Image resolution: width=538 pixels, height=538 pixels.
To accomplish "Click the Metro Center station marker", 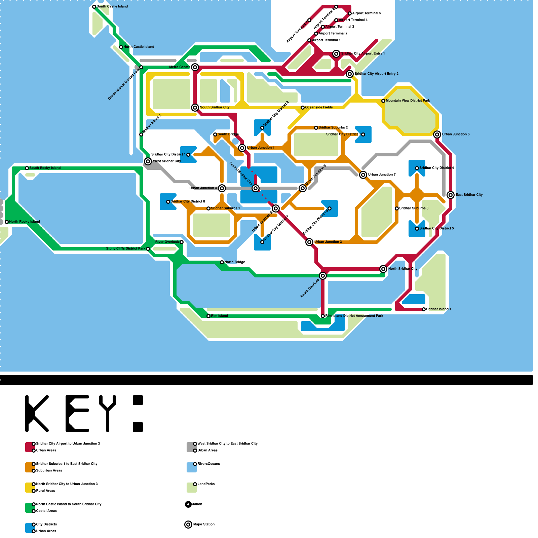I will coord(195,67).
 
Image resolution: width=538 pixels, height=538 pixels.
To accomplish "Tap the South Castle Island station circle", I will coord(94,7).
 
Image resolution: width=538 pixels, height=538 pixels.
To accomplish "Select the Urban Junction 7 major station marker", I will coord(363,175).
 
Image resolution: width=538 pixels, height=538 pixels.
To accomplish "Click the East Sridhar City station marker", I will coord(451,195).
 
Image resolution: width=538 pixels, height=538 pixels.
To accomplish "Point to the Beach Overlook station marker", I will coord(323,276).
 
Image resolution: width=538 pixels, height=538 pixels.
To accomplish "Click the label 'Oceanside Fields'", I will coord(319,108).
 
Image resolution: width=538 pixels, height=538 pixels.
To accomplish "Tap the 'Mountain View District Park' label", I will coord(408,101).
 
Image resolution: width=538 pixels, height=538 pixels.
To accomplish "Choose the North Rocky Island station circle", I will coord(7,222).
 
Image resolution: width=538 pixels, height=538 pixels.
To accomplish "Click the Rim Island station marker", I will coord(208,316).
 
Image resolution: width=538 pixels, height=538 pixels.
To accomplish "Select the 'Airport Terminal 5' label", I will coord(367,13).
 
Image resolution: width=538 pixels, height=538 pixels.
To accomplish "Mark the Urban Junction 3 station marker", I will coord(309,242).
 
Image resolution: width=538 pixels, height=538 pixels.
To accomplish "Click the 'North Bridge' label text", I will coord(235,262).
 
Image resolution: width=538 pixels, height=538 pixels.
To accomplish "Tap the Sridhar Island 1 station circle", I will coord(424,309).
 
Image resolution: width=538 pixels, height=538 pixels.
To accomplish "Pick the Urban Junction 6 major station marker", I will coord(437,134).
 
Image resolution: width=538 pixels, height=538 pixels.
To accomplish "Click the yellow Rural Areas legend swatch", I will coord(30,488).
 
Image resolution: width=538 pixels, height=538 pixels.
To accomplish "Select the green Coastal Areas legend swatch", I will coord(30,508).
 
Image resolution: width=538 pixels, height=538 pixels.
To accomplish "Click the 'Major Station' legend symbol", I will coord(189,525).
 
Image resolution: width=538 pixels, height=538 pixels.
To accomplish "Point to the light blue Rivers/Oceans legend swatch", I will coord(191,467).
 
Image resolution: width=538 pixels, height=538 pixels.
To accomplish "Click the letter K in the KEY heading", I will coord(37,414).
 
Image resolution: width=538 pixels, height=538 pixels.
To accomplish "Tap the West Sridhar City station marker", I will coord(148,161).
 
